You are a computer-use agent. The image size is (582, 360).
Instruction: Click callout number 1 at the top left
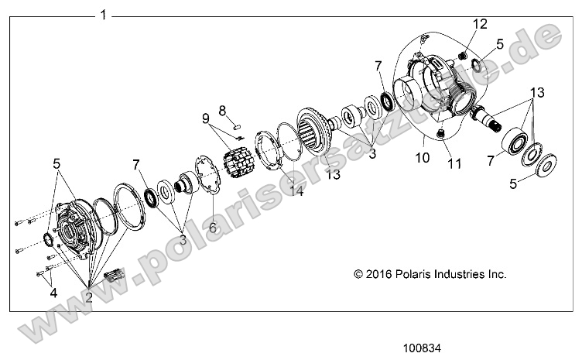point(103,15)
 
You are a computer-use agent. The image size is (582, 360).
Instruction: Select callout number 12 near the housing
point(481,24)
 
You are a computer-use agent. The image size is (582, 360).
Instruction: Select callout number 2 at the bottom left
point(89,297)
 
